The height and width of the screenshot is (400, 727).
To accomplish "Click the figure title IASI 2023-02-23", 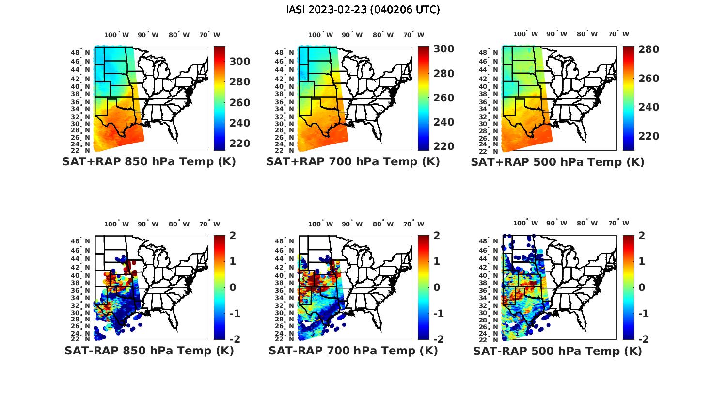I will [x=363, y=10].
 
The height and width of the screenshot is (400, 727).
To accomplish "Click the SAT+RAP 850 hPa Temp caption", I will [x=149, y=161].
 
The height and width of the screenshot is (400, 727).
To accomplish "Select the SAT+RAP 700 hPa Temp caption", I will [x=353, y=161].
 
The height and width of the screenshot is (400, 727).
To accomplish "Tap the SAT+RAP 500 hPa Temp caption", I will [x=557, y=162].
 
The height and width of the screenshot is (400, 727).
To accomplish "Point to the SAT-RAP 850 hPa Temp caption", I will [x=149, y=351].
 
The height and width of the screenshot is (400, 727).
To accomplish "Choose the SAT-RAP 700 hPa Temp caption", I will [x=353, y=351].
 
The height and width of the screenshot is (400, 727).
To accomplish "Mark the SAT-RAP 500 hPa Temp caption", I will [x=557, y=351].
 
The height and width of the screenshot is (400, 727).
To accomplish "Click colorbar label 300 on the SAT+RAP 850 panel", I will [x=240, y=62].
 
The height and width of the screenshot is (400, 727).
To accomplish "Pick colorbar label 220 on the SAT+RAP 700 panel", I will [x=444, y=146].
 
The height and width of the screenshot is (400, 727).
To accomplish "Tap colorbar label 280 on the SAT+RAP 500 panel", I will [x=649, y=49].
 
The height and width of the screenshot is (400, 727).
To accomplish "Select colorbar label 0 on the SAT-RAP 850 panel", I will [x=233, y=288].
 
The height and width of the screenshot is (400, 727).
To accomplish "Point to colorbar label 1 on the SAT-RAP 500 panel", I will [x=642, y=261].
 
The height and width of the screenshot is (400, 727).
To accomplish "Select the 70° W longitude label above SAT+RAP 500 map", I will [x=618, y=34].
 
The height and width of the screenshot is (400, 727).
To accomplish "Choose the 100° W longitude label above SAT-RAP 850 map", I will [x=117, y=224].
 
